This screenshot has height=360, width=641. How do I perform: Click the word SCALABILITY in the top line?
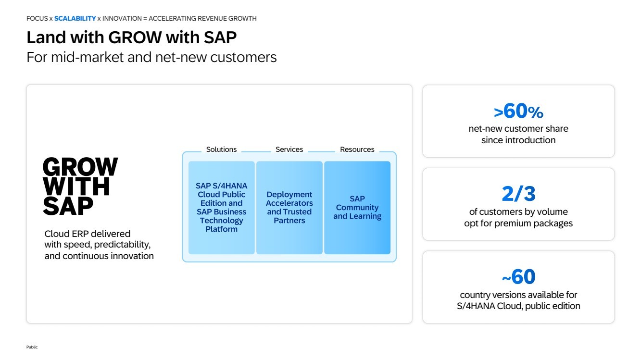click(x=75, y=19)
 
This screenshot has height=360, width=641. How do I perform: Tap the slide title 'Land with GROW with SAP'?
click(x=131, y=37)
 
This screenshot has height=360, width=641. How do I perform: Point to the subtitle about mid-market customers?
click(x=151, y=57)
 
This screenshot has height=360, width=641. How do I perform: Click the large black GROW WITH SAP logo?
click(x=80, y=186)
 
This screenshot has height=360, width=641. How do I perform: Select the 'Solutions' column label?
click(x=221, y=149)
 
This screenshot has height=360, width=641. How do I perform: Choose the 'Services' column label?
click(x=289, y=149)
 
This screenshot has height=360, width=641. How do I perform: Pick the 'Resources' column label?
click(x=357, y=149)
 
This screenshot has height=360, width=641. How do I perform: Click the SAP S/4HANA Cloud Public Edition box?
click(x=221, y=208)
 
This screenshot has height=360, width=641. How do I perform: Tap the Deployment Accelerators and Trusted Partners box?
click(x=289, y=208)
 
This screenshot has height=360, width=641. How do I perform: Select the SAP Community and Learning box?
click(x=357, y=208)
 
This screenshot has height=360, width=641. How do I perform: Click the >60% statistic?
click(x=518, y=112)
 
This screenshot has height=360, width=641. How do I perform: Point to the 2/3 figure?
click(x=518, y=194)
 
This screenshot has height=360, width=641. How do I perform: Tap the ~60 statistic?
click(x=518, y=277)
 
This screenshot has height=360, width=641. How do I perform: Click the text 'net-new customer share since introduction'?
click(x=518, y=135)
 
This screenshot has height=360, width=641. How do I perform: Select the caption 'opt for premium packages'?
click(x=518, y=223)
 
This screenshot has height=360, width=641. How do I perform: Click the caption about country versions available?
click(x=518, y=300)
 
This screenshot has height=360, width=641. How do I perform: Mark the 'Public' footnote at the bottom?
click(x=32, y=347)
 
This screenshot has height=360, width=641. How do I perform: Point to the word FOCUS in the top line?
click(x=37, y=19)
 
